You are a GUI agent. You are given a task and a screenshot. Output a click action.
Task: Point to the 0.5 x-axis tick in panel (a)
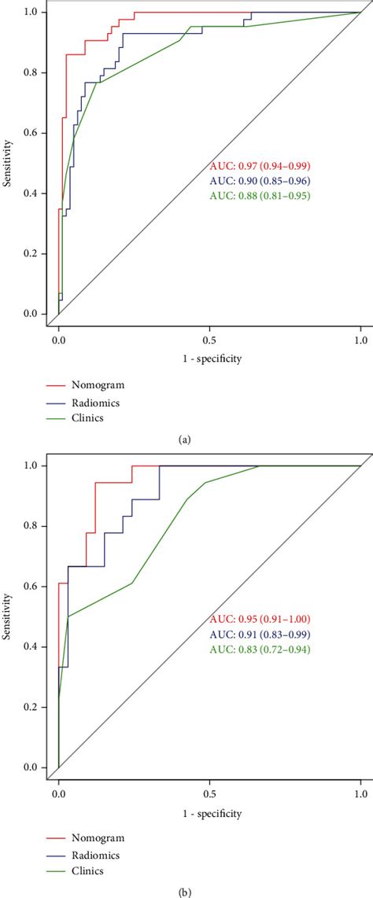click(209, 341)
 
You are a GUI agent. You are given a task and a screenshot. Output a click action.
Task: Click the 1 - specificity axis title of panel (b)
click(209, 813)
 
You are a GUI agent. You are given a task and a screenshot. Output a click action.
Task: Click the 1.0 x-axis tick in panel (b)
click(360, 794)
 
